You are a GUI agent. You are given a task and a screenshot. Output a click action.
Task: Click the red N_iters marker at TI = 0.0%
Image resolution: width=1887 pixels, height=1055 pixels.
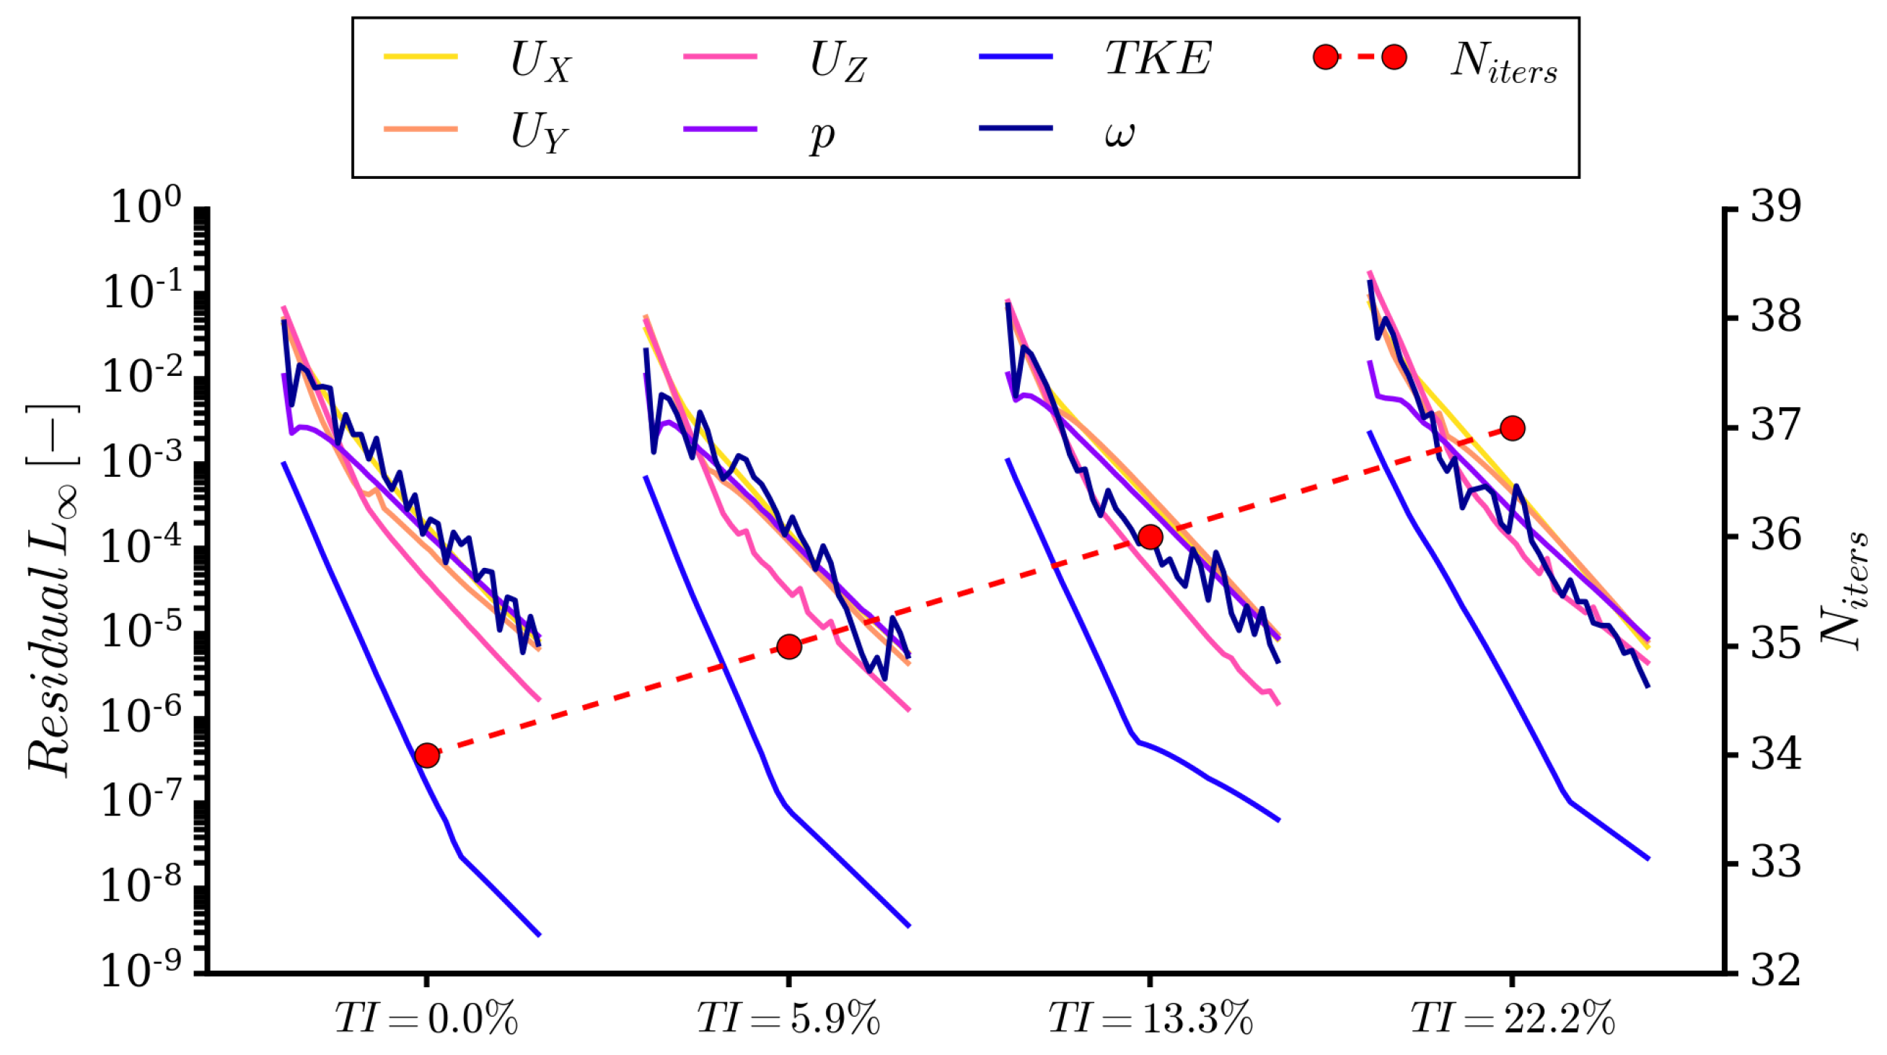coord(427,756)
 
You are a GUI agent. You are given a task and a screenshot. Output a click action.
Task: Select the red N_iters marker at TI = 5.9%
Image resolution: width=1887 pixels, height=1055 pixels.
coord(789,646)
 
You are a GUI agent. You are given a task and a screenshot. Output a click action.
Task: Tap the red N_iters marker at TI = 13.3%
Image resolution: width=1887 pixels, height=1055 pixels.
coord(1151,537)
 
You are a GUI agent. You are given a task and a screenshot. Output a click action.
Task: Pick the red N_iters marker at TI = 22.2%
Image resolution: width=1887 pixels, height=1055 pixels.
coord(1513,428)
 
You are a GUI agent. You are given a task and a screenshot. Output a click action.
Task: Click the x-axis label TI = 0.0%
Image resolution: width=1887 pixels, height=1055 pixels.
coord(427,1018)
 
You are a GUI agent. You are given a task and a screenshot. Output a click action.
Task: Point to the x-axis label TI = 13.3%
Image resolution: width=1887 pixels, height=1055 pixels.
coord(1151,1018)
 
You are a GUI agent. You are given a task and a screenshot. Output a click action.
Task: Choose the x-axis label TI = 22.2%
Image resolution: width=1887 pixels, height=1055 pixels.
coord(1513,1018)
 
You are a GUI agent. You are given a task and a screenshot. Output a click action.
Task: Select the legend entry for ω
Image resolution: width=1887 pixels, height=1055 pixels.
coord(1120,133)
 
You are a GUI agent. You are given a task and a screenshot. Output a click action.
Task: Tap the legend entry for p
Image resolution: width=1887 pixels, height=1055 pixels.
coord(822,135)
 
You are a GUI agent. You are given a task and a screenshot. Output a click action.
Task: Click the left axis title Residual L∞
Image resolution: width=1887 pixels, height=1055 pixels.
coord(51,590)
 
